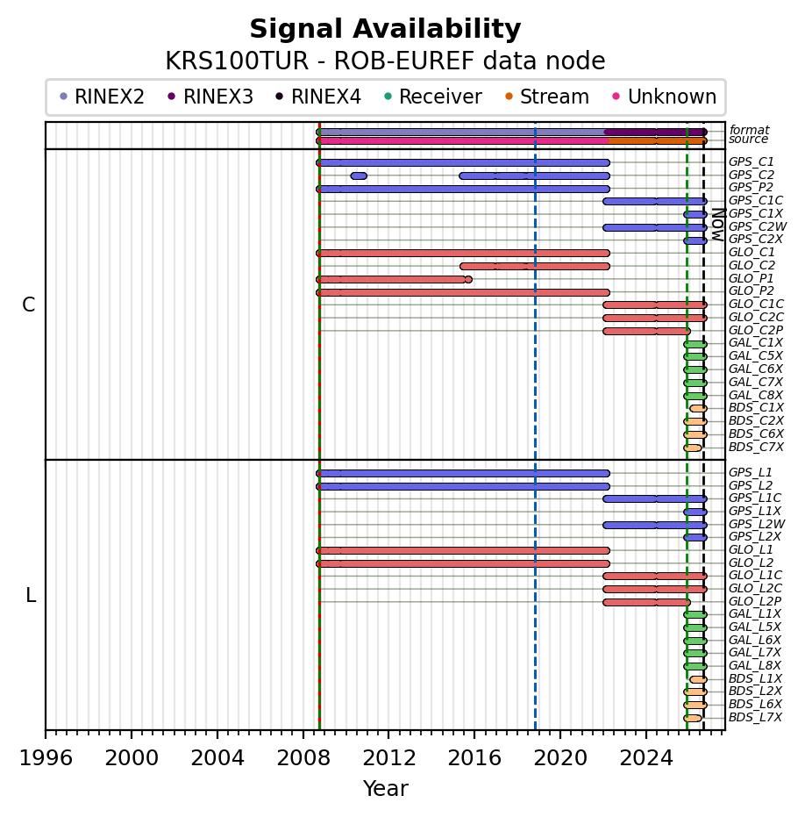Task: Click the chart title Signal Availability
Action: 385,29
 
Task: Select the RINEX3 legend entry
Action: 210,97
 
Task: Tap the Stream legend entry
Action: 547,97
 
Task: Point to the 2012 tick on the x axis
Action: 388,734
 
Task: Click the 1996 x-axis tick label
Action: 46,757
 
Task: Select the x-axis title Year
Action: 385,788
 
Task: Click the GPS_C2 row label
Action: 751,176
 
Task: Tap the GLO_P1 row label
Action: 751,278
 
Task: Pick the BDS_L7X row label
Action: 755,718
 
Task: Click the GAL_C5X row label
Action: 756,356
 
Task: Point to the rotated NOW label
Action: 718,225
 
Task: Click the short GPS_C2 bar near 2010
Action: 359,176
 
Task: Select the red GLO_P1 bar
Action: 394,280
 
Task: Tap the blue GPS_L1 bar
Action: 463,474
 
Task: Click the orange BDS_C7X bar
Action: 693,448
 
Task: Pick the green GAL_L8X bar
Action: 695,666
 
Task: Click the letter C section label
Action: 29,305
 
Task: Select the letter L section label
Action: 31,595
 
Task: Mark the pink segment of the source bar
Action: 463,140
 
